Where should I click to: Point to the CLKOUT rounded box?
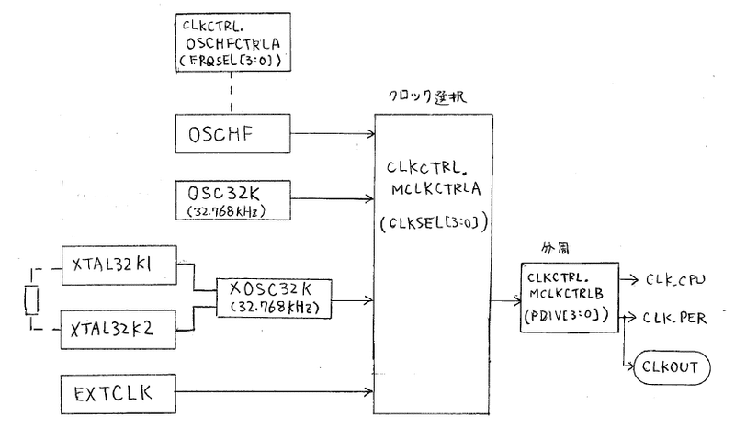(x=666, y=367)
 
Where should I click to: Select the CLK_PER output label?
(x=675, y=317)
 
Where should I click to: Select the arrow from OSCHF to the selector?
(x=331, y=136)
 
